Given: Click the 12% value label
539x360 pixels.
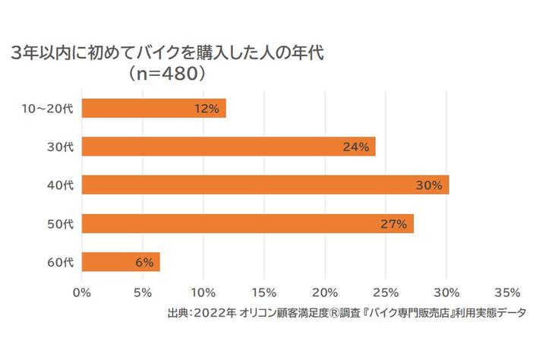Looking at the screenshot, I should (206, 109).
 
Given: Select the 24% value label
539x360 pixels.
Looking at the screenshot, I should (355, 147).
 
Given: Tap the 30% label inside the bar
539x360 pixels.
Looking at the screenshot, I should (429, 185).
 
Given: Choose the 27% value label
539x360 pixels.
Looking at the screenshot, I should (394, 224).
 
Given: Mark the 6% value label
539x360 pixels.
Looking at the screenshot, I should (144, 263).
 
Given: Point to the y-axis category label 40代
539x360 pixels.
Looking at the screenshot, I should (60, 185).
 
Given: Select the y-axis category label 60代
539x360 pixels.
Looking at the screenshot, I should (60, 263).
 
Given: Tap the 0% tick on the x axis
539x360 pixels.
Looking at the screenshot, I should (81, 292).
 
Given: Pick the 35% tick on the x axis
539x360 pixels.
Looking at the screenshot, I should (507, 292).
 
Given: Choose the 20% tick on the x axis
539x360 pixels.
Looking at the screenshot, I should (325, 292).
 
